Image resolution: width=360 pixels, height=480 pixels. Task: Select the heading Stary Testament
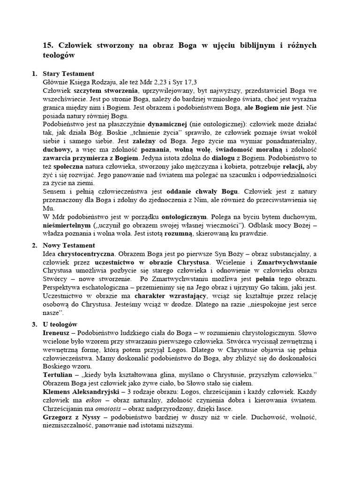tap(68, 74)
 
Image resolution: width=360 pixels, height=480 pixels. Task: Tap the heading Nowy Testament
tap(69, 245)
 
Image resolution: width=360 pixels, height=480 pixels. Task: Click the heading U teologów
tap(60, 324)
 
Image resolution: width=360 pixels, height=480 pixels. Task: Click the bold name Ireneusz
tap(59, 332)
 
